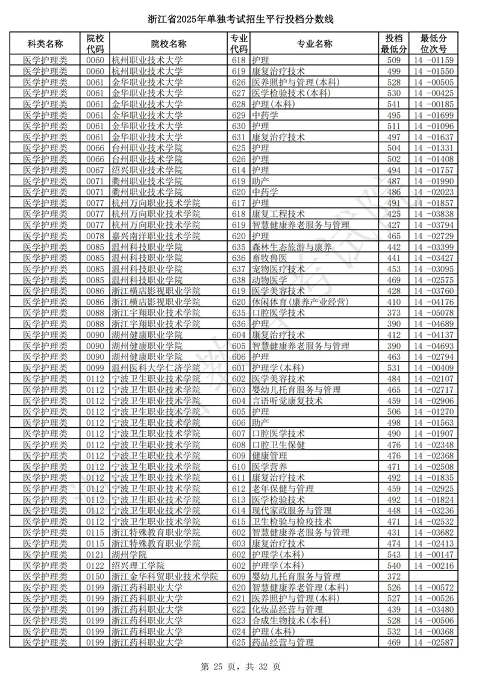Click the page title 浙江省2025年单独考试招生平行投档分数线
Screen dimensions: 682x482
[240, 20]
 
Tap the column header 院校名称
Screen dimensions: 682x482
[168, 44]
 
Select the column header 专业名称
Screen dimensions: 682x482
[314, 44]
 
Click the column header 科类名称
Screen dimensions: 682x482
[45, 44]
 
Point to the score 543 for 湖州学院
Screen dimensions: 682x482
[393, 554]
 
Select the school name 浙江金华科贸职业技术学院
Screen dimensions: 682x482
[164, 577]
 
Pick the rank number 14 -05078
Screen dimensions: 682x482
[428, 313]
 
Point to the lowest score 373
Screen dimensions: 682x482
[393, 313]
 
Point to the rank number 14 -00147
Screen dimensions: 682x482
[428, 554]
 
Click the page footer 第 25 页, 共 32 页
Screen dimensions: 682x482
[240, 666]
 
